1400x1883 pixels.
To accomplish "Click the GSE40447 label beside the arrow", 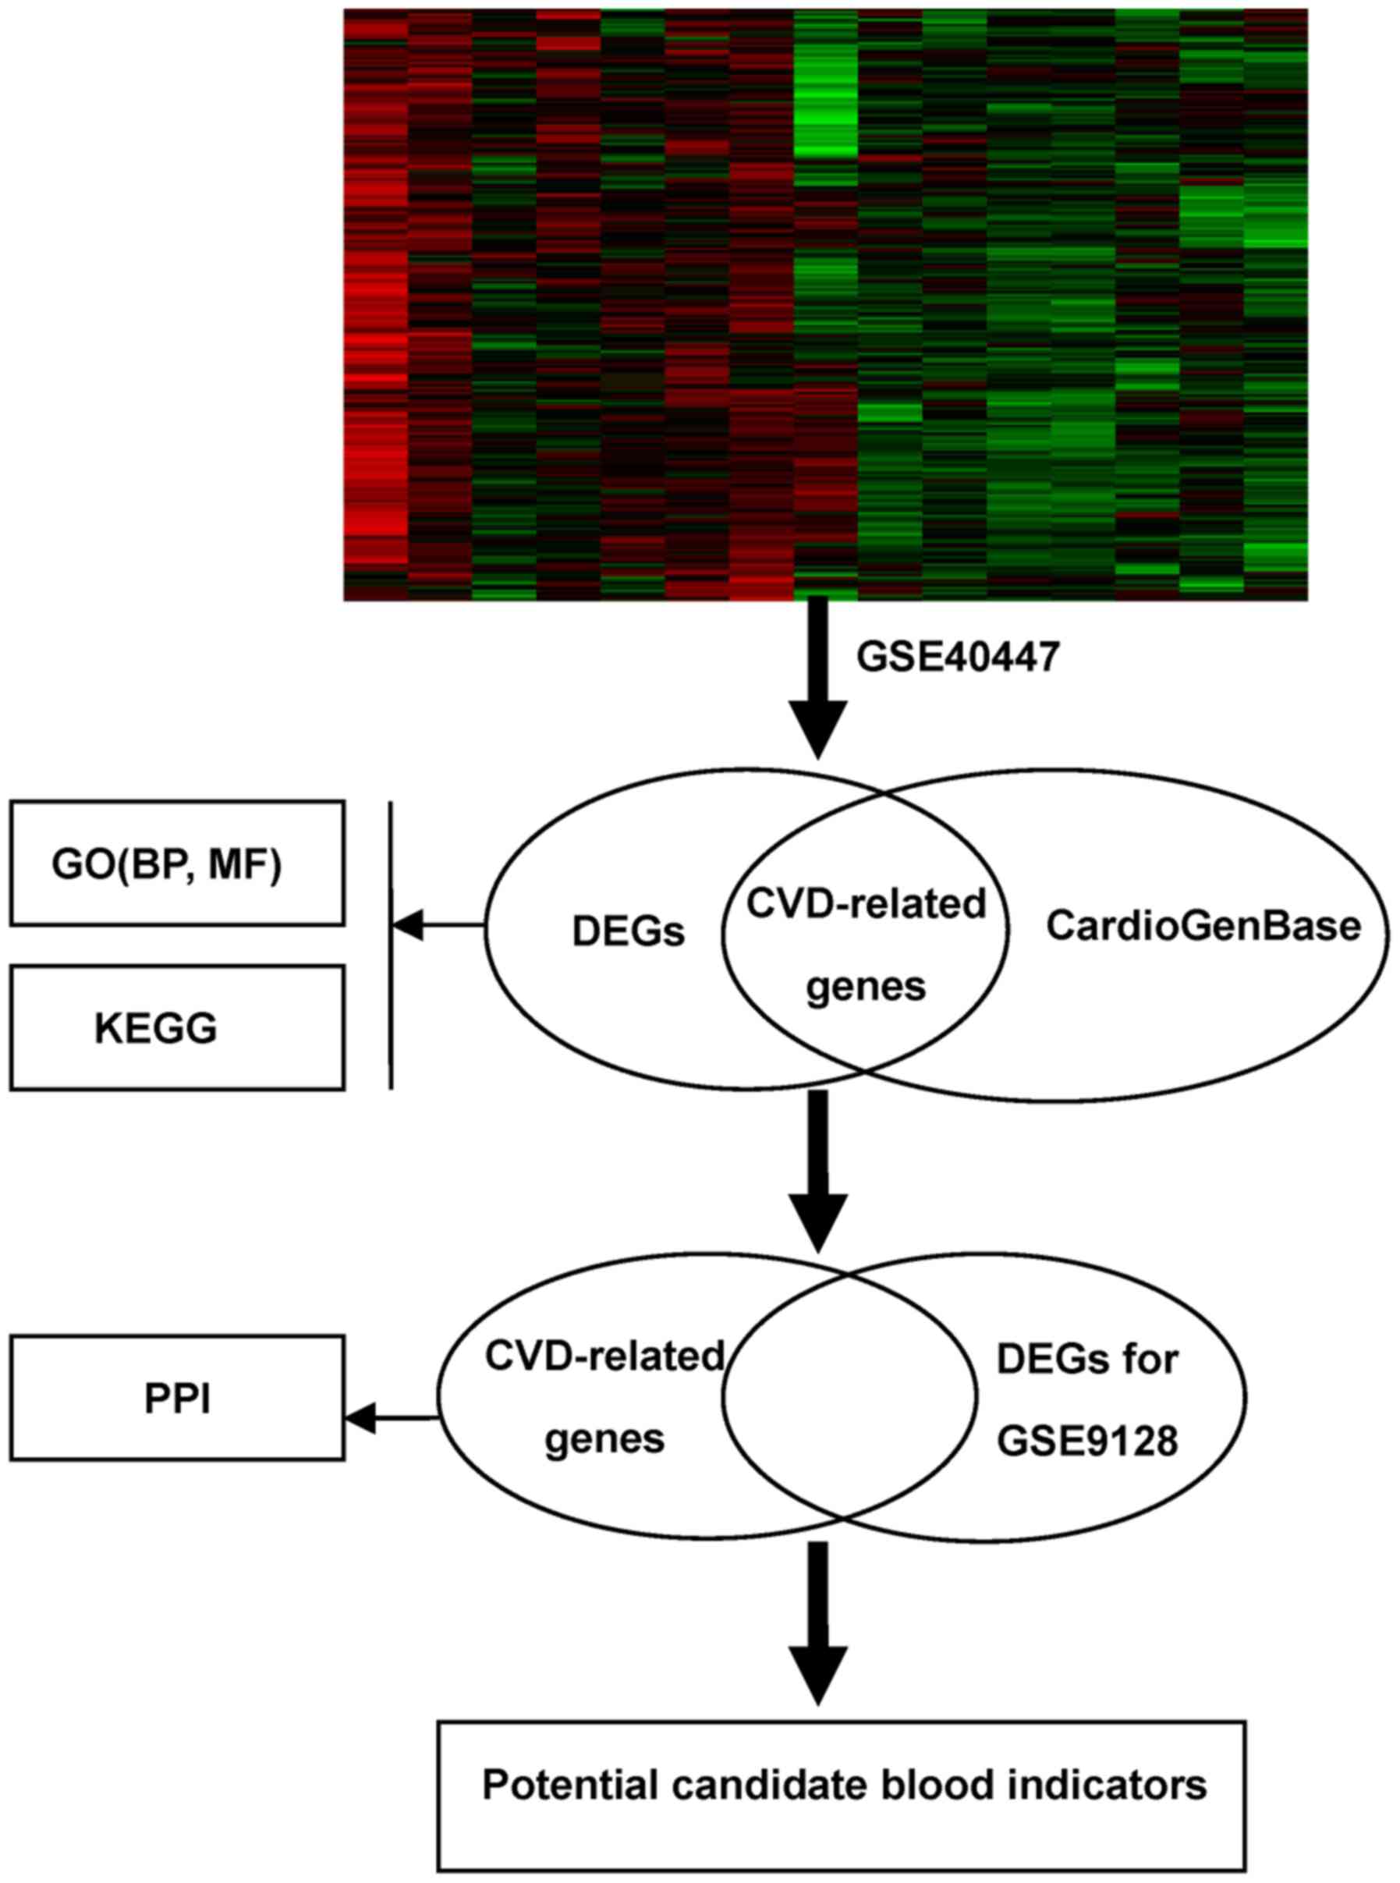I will (x=958, y=658).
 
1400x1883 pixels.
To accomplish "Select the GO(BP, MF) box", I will (x=177, y=863).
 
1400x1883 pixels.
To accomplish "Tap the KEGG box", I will (x=177, y=1027).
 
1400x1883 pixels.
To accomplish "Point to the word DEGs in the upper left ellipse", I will (x=628, y=932).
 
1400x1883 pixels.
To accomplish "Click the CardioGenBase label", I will (x=1203, y=925).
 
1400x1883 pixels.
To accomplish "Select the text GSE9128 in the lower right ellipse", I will (x=1086, y=1439).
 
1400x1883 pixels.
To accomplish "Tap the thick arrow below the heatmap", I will (x=818, y=678).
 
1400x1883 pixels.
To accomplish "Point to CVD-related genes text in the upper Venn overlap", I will (x=865, y=945).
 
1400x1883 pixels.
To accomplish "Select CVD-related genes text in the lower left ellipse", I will (x=604, y=1396).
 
